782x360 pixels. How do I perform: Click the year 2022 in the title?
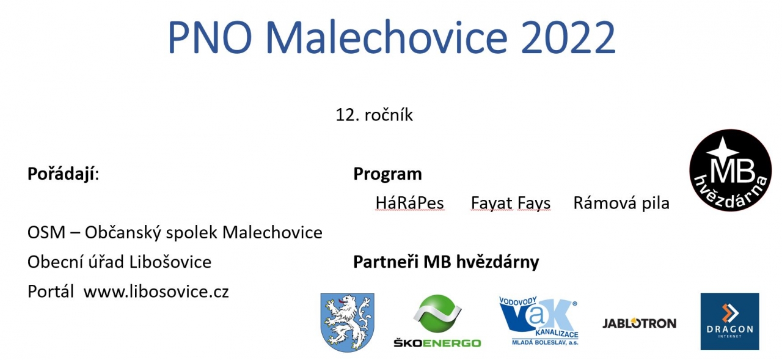(569, 37)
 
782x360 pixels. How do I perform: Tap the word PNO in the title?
(210, 37)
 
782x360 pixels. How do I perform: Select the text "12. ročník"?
(375, 114)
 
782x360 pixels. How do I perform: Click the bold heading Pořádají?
(63, 174)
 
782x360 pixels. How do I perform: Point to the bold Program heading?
(387, 174)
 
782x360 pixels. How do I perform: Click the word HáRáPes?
(409, 203)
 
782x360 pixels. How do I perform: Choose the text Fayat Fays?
(511, 203)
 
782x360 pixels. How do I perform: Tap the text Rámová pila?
(621, 203)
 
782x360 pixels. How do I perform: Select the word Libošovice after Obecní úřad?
(170, 262)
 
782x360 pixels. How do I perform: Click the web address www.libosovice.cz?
(156, 292)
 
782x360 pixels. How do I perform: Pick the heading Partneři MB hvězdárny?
(446, 262)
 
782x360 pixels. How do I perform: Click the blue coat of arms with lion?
(348, 322)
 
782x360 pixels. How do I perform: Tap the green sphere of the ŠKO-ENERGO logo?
(437, 313)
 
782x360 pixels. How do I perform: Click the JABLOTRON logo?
(639, 323)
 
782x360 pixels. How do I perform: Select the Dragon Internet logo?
(729, 321)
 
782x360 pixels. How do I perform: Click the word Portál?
(51, 292)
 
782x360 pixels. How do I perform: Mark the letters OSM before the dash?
(46, 232)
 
